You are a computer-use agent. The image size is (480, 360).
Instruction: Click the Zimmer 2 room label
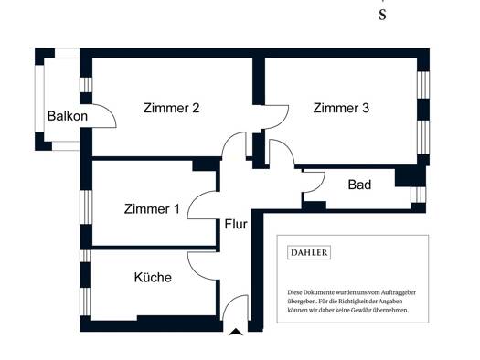click(172, 108)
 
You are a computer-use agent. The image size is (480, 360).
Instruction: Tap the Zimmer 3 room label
click(341, 108)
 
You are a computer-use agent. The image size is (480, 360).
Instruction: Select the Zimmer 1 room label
click(152, 209)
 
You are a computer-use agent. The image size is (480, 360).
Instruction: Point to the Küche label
click(153, 278)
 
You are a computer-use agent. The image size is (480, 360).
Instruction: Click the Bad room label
click(359, 185)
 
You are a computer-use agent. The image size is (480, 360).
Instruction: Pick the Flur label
click(236, 224)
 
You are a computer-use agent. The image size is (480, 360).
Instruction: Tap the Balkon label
click(68, 116)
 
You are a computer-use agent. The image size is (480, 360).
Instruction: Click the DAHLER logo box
click(309, 253)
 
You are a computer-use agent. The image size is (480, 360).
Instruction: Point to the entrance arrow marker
click(236, 332)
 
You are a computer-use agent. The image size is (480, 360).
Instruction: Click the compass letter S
click(382, 15)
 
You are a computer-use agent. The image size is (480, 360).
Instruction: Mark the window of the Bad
click(418, 195)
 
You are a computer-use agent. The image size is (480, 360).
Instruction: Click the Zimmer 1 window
click(86, 207)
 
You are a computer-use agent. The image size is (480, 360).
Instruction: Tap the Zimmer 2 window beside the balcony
click(86, 85)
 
